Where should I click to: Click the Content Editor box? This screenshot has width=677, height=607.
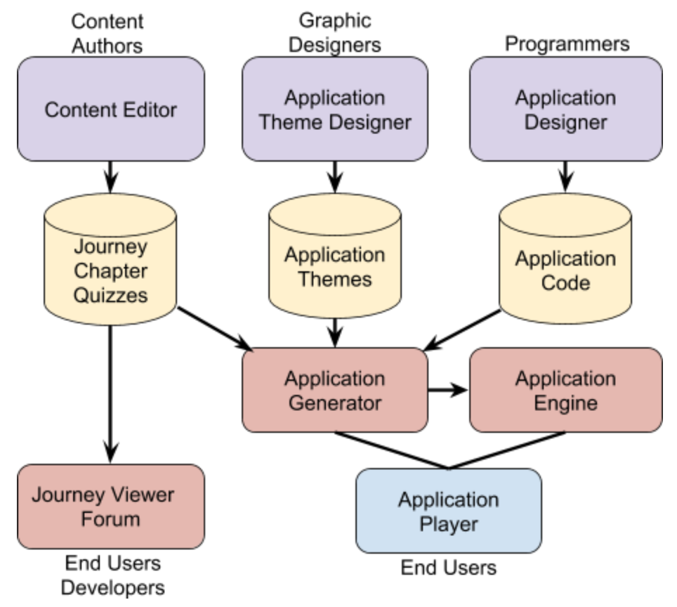(x=111, y=110)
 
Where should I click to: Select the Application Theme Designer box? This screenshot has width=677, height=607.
(x=335, y=110)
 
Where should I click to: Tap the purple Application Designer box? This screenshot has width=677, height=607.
(x=565, y=110)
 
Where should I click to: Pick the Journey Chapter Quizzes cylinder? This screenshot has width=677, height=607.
(x=111, y=270)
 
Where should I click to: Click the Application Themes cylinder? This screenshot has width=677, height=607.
(x=335, y=267)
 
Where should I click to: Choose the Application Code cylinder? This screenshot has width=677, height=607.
(x=565, y=270)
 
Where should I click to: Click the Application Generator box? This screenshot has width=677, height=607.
(x=335, y=390)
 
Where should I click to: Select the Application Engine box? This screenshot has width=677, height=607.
(x=565, y=390)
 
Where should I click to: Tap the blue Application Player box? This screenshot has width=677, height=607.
(x=449, y=511)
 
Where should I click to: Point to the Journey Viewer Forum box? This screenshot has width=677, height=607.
(x=111, y=507)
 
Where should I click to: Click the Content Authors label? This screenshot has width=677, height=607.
(x=107, y=33)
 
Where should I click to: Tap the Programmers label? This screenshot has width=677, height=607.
(x=567, y=44)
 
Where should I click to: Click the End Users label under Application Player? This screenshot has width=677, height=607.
(x=449, y=567)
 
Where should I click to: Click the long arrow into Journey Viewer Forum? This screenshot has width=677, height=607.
(x=111, y=393)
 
